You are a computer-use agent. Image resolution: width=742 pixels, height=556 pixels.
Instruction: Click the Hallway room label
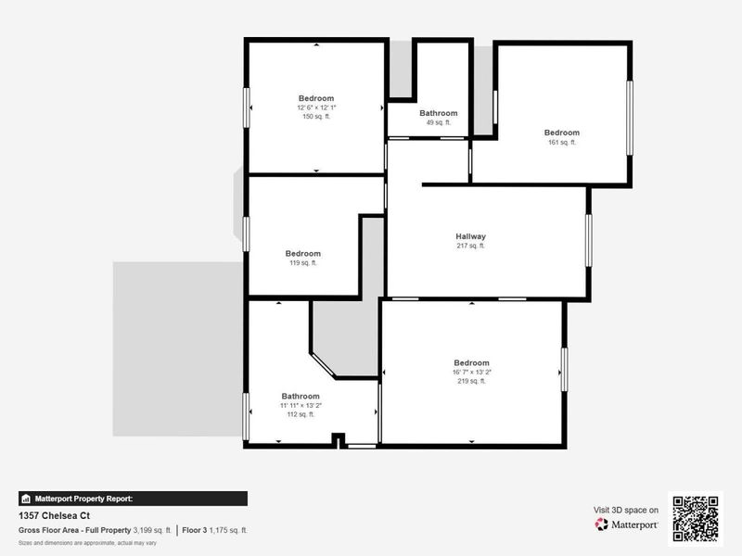point(470,236)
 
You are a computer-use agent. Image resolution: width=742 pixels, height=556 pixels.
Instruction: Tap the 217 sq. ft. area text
point(470,246)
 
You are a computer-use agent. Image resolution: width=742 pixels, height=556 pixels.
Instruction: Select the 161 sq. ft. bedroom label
point(561,133)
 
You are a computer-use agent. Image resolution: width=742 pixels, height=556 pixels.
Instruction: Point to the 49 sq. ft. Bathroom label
point(438,113)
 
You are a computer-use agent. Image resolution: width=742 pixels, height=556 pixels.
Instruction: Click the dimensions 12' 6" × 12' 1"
point(316,107)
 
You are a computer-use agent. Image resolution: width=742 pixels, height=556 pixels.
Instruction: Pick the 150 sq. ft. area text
point(316,117)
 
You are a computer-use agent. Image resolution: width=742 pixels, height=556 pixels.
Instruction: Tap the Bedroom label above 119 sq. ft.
point(302,253)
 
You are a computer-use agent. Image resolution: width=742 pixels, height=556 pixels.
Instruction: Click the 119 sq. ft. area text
point(302,263)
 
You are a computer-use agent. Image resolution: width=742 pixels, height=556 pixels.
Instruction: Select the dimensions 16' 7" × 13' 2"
point(471,373)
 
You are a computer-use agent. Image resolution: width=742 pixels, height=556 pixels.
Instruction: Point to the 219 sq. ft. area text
point(471,382)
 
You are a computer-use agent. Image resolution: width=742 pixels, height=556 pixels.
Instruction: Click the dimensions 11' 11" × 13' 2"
point(301,405)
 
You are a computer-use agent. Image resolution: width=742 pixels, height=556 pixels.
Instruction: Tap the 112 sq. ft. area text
point(301,414)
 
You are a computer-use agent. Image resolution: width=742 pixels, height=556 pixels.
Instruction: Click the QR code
point(696,519)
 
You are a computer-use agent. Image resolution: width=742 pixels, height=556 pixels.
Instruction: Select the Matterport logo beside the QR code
point(627,524)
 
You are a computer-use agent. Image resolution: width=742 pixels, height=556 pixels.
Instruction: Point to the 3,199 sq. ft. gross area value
point(152,530)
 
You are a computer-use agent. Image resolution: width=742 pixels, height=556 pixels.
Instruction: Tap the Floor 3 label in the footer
point(195,530)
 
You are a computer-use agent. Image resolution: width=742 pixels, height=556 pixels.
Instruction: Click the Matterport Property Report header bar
point(133,498)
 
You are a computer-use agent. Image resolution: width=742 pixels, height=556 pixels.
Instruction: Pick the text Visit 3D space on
point(626,510)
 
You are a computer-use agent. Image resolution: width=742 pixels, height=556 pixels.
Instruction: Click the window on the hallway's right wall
point(588,240)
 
